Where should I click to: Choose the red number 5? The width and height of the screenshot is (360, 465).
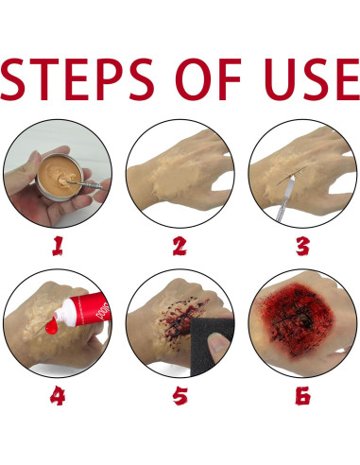(x=180, y=396)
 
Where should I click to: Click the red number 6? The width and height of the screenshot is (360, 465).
(x=303, y=396)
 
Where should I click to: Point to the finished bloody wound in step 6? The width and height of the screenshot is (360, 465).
(x=302, y=321)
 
